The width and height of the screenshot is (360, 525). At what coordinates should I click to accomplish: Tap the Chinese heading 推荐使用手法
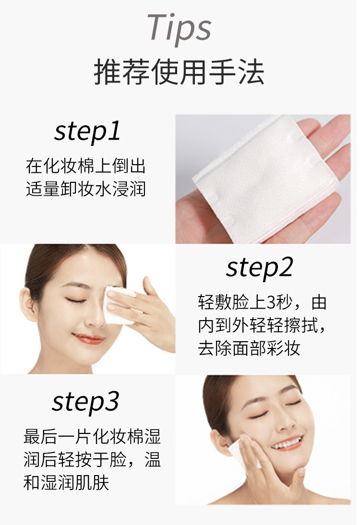[x=179, y=72]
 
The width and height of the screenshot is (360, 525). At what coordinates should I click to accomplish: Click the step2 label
[x=260, y=268]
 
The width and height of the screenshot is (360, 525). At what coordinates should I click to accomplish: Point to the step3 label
[x=85, y=402]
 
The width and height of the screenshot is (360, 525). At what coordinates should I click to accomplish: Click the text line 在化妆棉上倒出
[x=86, y=166]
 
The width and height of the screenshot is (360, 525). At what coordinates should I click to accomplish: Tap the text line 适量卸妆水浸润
[x=86, y=189]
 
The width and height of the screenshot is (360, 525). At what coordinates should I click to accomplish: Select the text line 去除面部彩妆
[x=249, y=348]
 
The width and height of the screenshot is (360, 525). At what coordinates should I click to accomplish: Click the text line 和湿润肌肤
[x=66, y=483]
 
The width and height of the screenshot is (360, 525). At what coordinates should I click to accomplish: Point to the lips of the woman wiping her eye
[x=88, y=338]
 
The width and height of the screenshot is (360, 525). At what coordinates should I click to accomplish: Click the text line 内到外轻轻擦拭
[x=262, y=325]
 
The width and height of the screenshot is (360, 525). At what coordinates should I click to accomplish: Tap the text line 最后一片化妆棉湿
[x=93, y=437]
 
